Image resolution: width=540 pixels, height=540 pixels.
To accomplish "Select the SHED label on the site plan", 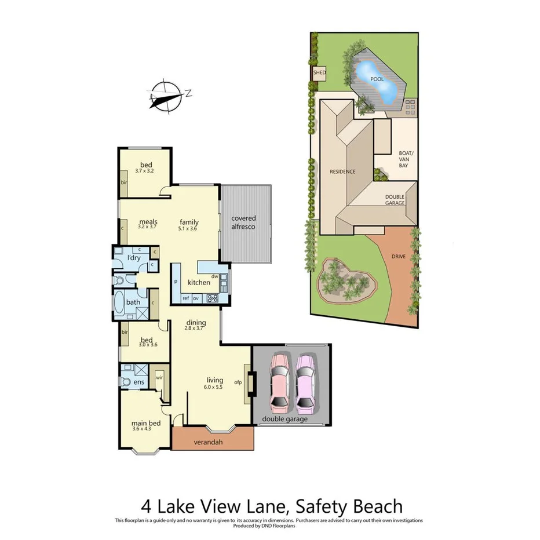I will point(319,73).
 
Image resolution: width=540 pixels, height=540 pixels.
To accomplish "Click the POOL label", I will point(377,79).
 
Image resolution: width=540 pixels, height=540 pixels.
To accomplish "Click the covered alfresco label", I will point(243,222).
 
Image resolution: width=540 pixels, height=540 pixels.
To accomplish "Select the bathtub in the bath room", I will point(119,304).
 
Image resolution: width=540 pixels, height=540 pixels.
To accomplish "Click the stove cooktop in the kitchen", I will point(213,298).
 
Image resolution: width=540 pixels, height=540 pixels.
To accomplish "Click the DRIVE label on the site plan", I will point(398,256).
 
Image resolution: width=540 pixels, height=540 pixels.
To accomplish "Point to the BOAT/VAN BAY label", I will point(403,160).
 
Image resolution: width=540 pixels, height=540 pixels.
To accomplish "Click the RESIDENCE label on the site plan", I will point(342,172).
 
